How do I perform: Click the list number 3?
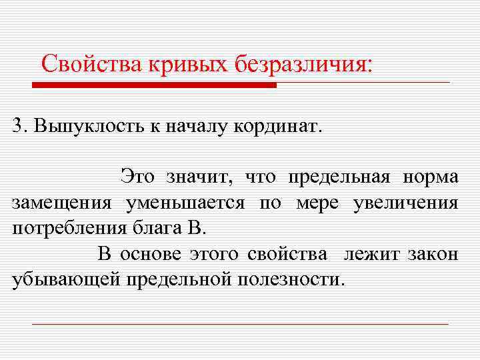(18, 125)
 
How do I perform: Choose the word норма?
(430, 177)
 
